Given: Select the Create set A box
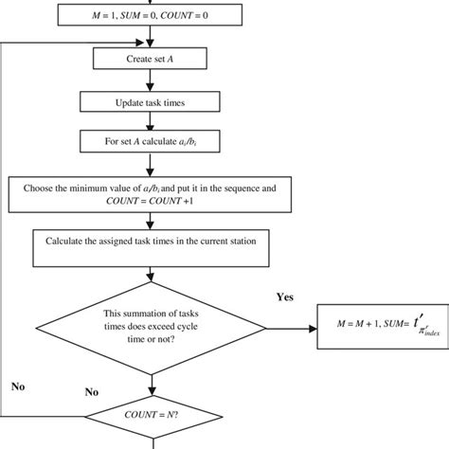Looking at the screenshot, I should click(x=149, y=58).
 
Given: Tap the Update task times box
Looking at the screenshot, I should click(x=149, y=100).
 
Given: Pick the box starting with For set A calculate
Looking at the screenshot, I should click(x=149, y=139).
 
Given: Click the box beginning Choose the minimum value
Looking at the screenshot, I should click(x=149, y=195).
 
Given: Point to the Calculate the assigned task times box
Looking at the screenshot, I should click(x=149, y=242).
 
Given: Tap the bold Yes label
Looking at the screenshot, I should click(x=285, y=296).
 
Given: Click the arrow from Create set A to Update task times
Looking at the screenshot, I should click(x=149, y=80).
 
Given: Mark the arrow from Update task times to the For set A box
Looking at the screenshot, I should click(x=149, y=119).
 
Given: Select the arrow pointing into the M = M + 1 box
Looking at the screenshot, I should click(x=284, y=329).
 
